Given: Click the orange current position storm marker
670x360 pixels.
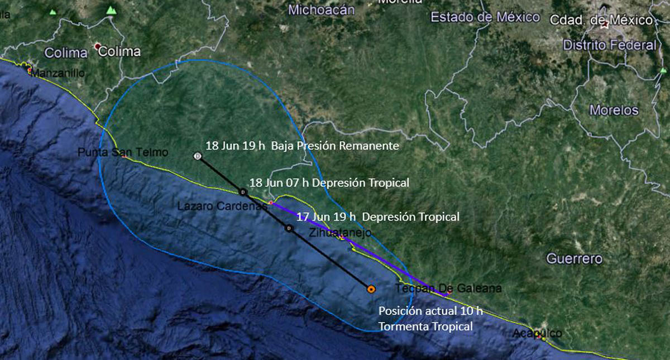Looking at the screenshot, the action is pos(370,289).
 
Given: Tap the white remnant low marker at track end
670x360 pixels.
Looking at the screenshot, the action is pos(197,156).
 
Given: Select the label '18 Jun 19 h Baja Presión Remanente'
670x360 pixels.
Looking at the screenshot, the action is pos(302,146).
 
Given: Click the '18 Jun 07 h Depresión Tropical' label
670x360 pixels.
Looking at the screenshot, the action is pos(329,183).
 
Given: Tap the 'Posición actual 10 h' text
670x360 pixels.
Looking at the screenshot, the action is pos(430,311).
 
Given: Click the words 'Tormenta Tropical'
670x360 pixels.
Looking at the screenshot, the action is pos(425,327).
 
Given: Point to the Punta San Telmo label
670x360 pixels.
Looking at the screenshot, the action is pos(122,152).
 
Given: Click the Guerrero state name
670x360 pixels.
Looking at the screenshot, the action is pos(574,259).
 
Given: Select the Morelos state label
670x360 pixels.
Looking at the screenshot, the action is pos(614,110).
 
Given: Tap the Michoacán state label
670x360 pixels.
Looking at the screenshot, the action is pos(322,9).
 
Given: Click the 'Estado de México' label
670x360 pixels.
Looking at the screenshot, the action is pos(485,17).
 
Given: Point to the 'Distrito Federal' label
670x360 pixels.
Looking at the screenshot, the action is pos(610,45).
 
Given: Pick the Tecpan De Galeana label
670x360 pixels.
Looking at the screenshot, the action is pos(448,289).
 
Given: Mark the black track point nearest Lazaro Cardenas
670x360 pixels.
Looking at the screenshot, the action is pos(242,192).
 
